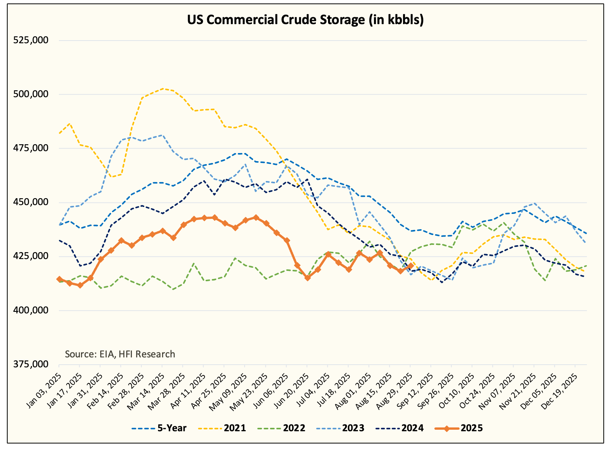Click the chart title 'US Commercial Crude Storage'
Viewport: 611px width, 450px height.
[305, 20]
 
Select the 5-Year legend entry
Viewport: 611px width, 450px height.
[172, 428]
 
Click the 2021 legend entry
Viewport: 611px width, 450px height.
[235, 428]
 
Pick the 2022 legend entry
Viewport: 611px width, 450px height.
[294, 428]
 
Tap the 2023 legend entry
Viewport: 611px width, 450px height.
[353, 428]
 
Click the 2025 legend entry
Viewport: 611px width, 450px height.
[472, 428]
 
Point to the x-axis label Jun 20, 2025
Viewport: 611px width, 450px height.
[291, 383]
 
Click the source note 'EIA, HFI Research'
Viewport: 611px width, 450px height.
[120, 354]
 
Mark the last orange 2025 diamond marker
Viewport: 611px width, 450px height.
[410, 266]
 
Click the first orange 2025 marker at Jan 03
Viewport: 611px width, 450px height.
[59, 279]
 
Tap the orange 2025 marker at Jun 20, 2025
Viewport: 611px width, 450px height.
[307, 278]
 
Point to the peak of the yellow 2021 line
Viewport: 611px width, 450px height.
[163, 89]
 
